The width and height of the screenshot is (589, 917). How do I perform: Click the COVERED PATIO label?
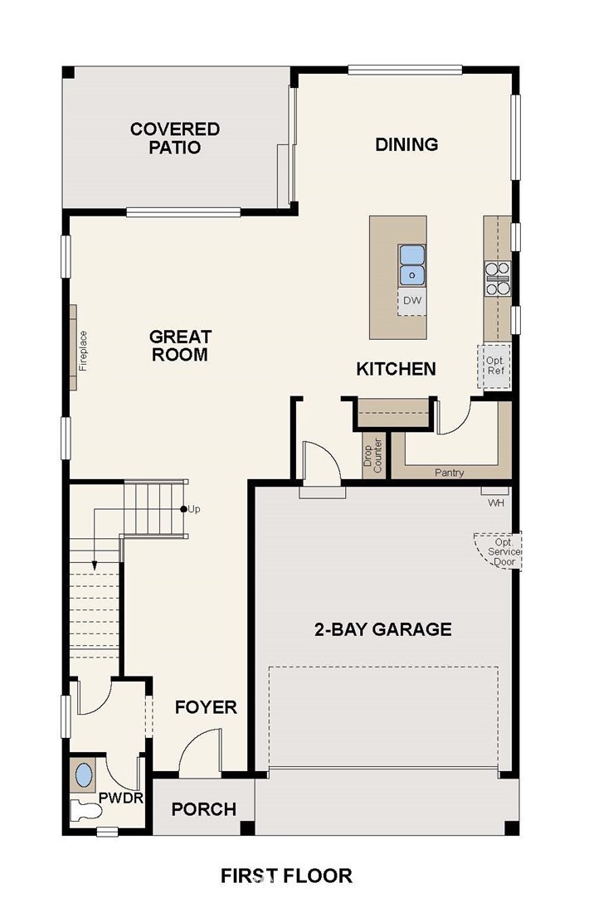(x=175, y=138)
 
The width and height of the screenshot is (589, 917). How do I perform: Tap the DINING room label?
(x=406, y=144)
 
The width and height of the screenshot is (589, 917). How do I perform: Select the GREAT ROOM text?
(x=179, y=346)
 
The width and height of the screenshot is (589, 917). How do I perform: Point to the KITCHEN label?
(x=396, y=369)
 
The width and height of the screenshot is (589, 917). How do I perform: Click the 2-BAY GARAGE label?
(x=383, y=629)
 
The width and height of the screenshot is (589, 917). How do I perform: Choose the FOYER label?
(x=206, y=707)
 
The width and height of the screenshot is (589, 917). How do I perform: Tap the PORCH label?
(x=204, y=809)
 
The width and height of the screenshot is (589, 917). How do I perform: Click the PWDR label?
(x=121, y=798)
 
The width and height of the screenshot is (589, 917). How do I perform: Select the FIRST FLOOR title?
(x=286, y=876)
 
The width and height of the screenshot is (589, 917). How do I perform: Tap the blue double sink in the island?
(x=411, y=265)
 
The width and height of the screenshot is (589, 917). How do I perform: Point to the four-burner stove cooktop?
(x=497, y=279)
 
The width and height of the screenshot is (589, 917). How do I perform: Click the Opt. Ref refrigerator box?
(x=494, y=366)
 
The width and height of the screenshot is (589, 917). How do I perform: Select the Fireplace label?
(x=83, y=351)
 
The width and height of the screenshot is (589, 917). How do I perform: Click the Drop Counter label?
(x=373, y=455)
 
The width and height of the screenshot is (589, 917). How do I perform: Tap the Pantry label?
(x=449, y=473)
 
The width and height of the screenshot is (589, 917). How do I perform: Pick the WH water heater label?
(x=495, y=502)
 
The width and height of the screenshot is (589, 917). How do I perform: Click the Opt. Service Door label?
(x=504, y=552)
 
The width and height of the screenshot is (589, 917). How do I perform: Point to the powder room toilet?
(x=85, y=811)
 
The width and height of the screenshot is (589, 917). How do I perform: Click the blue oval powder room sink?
(x=85, y=775)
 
